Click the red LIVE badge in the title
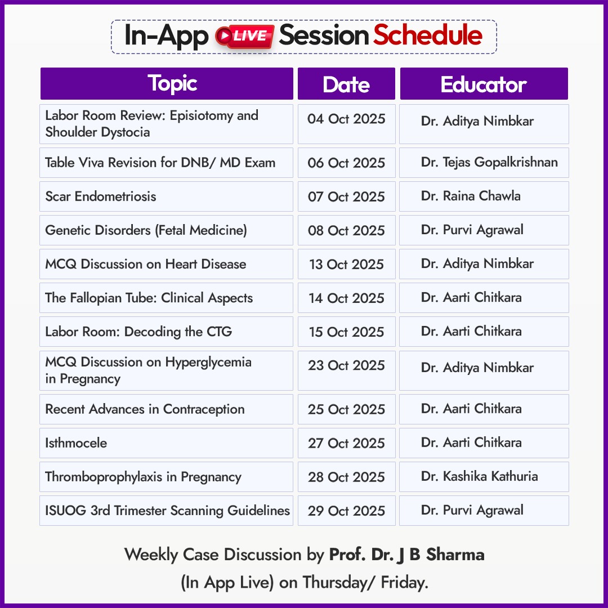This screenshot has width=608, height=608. pyautogui.click(x=245, y=37)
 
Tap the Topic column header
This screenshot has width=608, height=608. pyautogui.click(x=167, y=84)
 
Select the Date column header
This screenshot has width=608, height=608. pyautogui.click(x=346, y=84)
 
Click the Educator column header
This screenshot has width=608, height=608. pyautogui.click(x=484, y=84)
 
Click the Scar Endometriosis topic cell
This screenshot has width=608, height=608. pyautogui.click(x=166, y=196)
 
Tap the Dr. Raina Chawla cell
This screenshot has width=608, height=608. pyautogui.click(x=484, y=196)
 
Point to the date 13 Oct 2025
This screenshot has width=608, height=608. pyautogui.click(x=346, y=264)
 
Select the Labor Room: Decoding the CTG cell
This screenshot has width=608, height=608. pyautogui.click(x=166, y=332)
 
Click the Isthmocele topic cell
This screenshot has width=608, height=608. pyautogui.click(x=166, y=443)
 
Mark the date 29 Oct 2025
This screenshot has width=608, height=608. pyautogui.click(x=346, y=511)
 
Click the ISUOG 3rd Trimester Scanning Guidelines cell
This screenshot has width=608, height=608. pyautogui.click(x=166, y=511)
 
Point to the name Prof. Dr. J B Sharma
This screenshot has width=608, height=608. pyautogui.click(x=407, y=555)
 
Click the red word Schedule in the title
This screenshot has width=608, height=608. pyautogui.click(x=428, y=35)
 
